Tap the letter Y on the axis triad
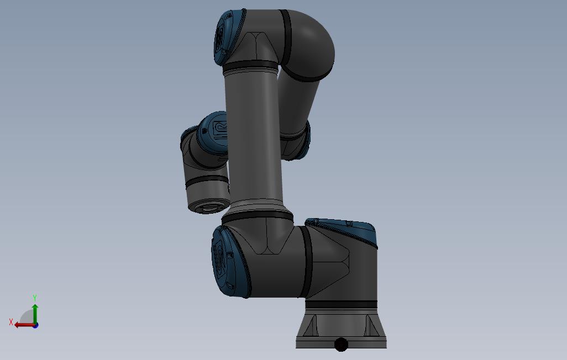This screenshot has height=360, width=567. [35, 298]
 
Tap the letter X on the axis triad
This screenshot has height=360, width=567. [11, 322]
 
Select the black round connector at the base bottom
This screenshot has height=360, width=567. [340, 345]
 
